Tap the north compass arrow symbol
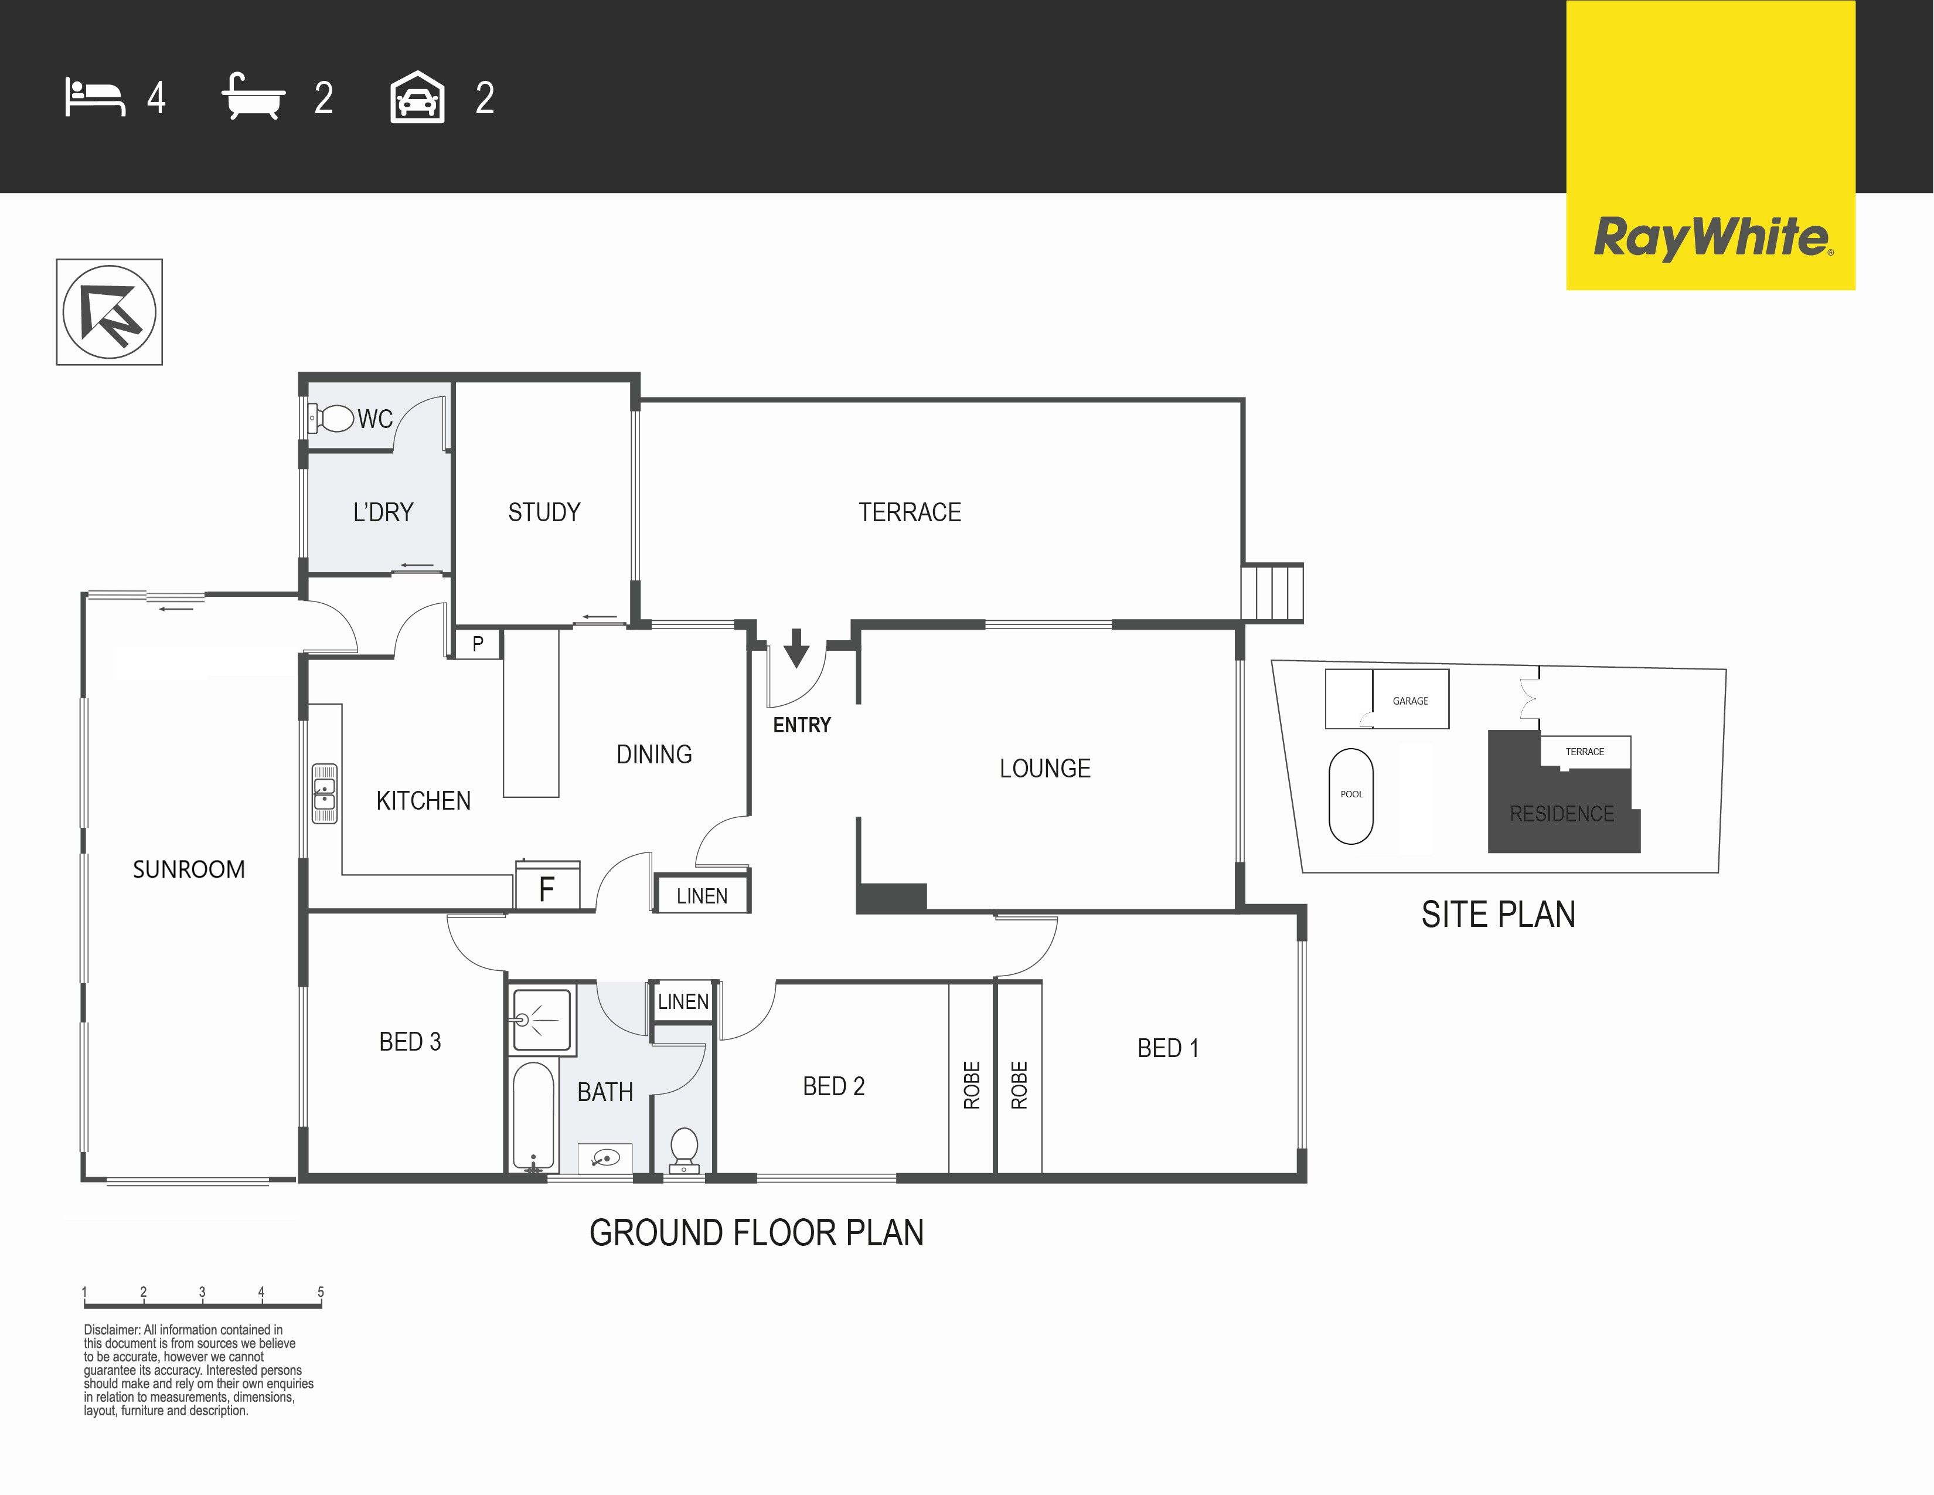click(110, 312)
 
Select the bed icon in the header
click(95, 97)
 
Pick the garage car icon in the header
click(417, 97)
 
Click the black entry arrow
click(796, 647)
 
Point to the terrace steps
click(1272, 593)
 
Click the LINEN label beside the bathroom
click(683, 1002)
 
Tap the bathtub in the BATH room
click(534, 1116)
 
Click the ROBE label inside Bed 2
click(972, 1085)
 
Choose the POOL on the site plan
click(1351, 796)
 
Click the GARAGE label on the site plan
click(1411, 701)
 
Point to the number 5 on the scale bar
click(321, 1292)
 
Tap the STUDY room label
click(544, 512)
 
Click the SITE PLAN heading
click(1499, 914)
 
